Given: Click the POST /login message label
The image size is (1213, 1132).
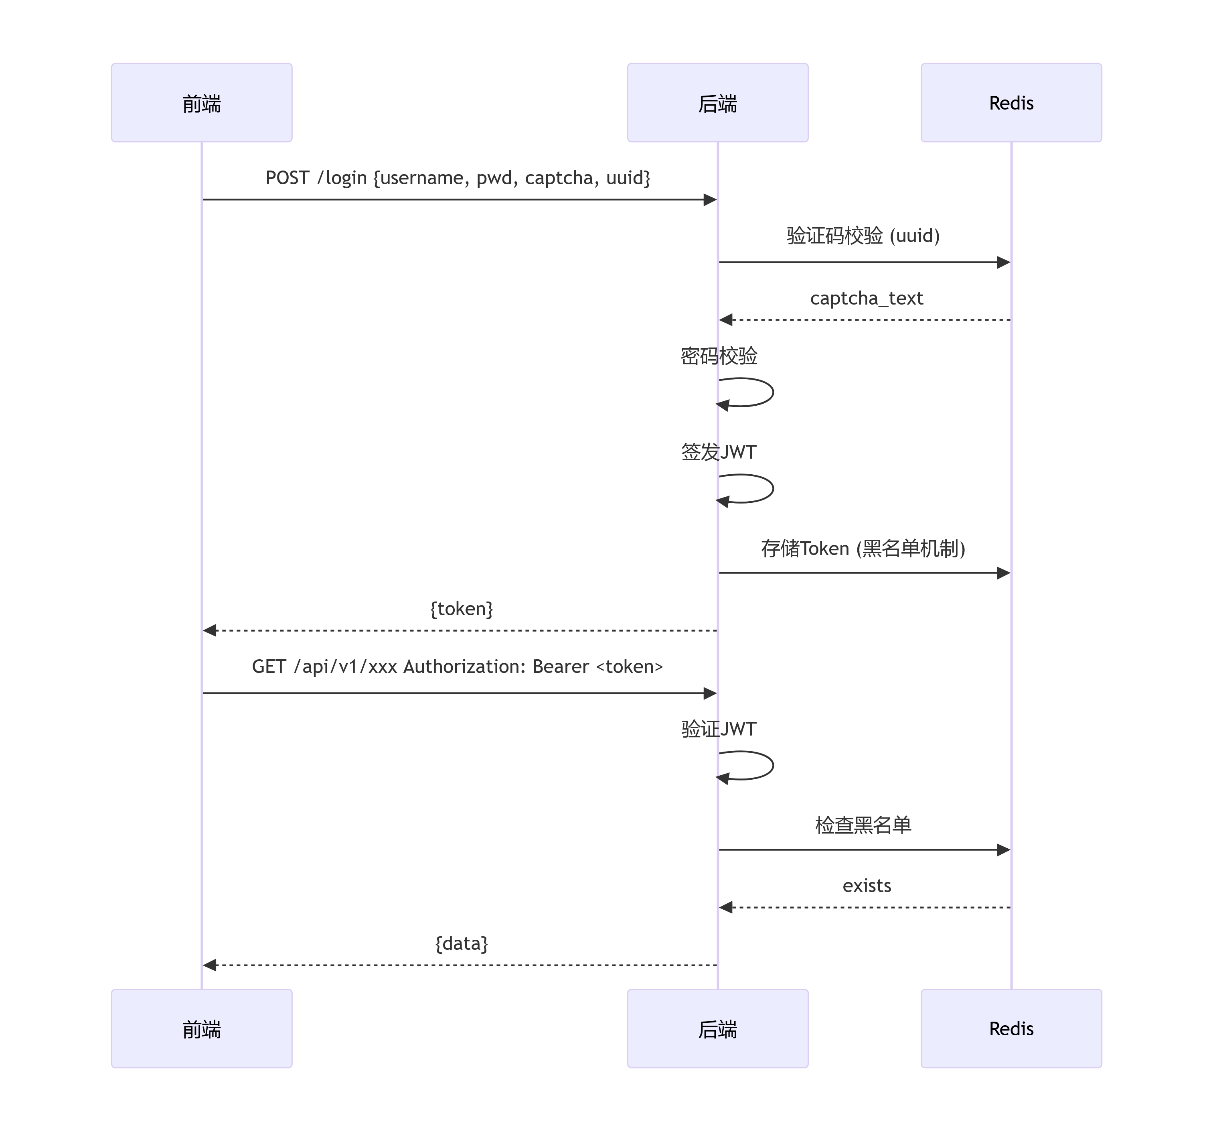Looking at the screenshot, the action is pos(458,178).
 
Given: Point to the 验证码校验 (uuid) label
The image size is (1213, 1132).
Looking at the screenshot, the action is pos(863,235).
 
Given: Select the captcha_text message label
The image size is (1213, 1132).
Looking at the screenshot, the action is pos(867,298).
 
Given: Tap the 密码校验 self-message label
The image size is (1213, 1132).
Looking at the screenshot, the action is pos(719,356).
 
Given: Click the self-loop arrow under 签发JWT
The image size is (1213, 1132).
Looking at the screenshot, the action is pos(773,488).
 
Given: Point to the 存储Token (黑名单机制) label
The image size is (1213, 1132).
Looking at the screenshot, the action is pos(863,548).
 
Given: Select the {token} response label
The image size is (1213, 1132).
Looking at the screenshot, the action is pos(461,609).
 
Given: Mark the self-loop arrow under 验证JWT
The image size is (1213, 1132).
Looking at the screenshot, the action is pos(773,765).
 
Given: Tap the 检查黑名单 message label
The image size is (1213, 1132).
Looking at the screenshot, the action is pos(863,825).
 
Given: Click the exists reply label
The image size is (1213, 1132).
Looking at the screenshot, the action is pos(867,885).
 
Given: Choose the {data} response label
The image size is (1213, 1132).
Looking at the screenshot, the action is pos(461,943).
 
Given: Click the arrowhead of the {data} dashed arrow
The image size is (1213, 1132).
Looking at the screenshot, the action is pos(209,965).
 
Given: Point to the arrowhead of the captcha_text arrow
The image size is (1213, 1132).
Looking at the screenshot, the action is pos(725,320).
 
